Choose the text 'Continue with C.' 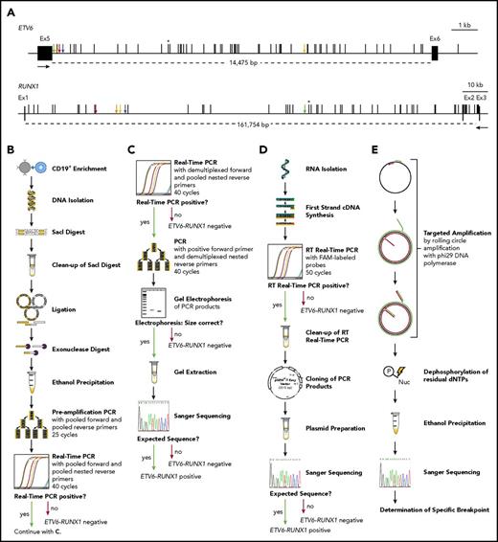tap(57, 522)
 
